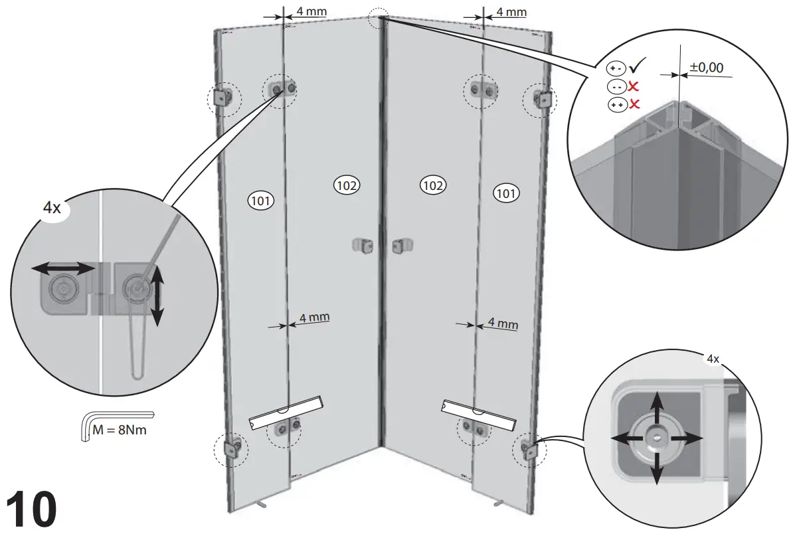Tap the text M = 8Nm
tap(120, 429)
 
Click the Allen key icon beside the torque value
tap(86, 425)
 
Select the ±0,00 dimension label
tap(706, 66)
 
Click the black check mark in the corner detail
tap(638, 66)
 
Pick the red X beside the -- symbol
tap(634, 86)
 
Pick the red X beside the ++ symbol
tap(634, 104)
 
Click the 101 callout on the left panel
tap(260, 199)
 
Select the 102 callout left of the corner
tap(346, 185)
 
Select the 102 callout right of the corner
tap(432, 185)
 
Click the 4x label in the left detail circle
tap(52, 208)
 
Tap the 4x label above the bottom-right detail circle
tap(712, 359)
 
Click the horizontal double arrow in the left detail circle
tap(64, 268)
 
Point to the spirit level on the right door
tap(479, 412)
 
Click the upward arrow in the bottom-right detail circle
tap(657, 406)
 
